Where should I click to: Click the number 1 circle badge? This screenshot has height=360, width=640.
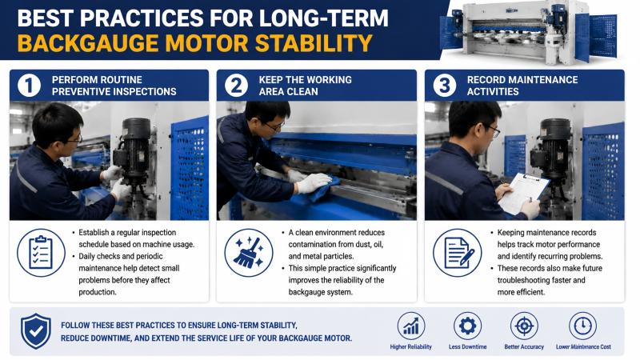coord(30,86)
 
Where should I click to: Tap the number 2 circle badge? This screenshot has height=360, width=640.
coord(236,86)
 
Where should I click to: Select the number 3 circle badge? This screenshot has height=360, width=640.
coord(445,86)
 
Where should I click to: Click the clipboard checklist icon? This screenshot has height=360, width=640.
coord(42,253)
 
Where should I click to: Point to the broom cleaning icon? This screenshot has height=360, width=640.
coord(249,253)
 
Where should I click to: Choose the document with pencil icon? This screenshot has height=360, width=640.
coord(458,253)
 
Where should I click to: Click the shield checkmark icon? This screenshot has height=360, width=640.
coord(36,331)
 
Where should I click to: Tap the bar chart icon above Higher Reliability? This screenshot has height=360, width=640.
coord(411,326)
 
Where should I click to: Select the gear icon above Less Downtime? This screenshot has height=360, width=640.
coord(467,326)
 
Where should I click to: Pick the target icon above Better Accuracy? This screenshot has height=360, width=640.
coord(524,326)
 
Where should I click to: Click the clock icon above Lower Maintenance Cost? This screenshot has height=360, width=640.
coord(583,326)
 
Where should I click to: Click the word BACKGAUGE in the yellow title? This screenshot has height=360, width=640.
coord(88,43)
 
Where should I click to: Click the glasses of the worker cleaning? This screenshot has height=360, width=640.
coord(274,126)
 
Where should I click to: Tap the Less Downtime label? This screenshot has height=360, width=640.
coord(467,347)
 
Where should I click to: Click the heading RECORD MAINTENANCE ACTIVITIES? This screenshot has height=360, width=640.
coord(522,86)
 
